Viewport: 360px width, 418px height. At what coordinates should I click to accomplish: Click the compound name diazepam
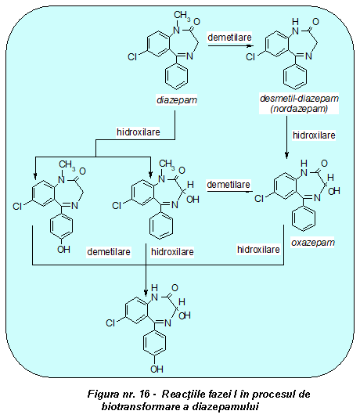[177, 100]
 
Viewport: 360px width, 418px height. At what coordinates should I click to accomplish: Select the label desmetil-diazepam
[299, 99]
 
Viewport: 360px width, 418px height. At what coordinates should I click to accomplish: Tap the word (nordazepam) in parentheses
[299, 109]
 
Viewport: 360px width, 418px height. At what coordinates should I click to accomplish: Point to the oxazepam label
[313, 243]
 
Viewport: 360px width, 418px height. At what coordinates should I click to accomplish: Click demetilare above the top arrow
[229, 38]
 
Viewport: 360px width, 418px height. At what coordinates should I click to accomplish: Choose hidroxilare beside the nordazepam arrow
[314, 135]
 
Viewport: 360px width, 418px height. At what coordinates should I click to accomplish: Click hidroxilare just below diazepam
[139, 132]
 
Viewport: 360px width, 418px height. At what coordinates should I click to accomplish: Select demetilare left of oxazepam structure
[229, 185]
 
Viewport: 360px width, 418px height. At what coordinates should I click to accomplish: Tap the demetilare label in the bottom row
[109, 252]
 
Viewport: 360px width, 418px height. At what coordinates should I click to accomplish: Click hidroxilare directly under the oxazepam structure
[258, 250]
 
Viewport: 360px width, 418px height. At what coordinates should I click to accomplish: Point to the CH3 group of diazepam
[182, 16]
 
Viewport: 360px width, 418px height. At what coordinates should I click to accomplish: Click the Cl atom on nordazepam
[250, 57]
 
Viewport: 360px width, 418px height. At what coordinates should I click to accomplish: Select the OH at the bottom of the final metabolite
[157, 369]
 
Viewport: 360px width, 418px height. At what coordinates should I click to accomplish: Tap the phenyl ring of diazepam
[176, 76]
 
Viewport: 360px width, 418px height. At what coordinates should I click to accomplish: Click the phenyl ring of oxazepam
[304, 218]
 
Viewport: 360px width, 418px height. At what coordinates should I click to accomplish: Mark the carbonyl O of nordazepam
[315, 22]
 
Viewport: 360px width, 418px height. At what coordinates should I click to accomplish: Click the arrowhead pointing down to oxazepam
[286, 156]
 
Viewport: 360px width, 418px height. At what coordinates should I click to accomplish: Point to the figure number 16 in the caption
[144, 394]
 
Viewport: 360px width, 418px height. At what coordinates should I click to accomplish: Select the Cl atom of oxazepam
[259, 199]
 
